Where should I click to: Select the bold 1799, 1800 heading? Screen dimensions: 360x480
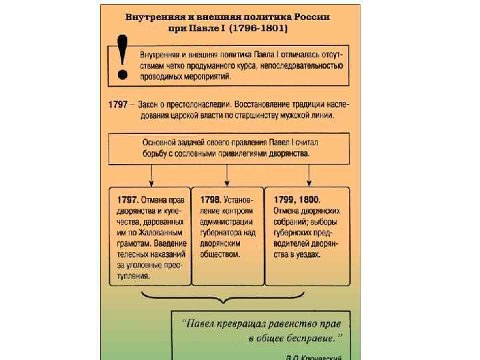point(297,199)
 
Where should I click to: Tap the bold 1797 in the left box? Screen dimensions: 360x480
point(125,199)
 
